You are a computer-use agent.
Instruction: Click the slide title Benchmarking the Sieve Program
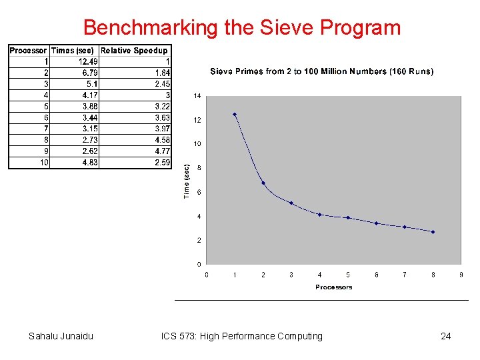(242, 27)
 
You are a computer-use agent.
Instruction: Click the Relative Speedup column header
(134, 51)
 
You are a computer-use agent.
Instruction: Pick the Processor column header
(28, 51)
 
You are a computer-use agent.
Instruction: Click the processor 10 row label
(44, 162)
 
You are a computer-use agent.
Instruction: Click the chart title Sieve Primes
(321, 71)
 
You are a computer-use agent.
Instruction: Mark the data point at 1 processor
(235, 114)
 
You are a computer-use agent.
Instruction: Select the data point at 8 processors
(433, 232)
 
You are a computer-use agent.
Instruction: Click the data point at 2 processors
(263, 183)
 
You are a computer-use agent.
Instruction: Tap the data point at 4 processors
(320, 215)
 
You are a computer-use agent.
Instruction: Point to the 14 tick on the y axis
(197, 96)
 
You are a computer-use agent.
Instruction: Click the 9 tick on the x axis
(461, 274)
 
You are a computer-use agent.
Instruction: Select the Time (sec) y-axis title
(187, 181)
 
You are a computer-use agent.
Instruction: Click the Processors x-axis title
(333, 287)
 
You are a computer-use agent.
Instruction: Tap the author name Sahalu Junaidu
(61, 336)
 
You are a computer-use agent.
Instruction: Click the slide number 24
(445, 336)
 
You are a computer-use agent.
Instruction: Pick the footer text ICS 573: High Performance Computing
(241, 336)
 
